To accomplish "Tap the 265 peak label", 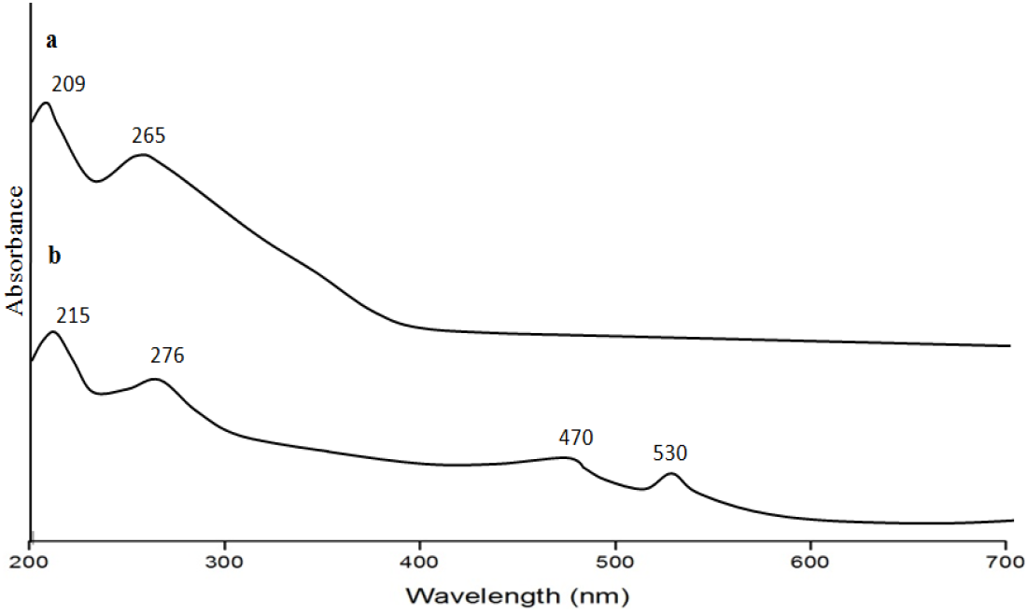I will click(x=148, y=136).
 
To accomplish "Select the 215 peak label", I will click(x=73, y=315).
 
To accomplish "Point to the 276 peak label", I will click(x=167, y=355).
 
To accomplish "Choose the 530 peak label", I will click(x=669, y=453).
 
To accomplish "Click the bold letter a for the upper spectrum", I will click(x=51, y=40).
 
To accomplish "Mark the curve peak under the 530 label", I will click(x=671, y=474).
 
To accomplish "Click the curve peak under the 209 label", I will click(x=45, y=103).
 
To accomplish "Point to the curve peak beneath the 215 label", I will click(x=53, y=331).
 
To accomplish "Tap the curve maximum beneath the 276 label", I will click(x=155, y=379).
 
